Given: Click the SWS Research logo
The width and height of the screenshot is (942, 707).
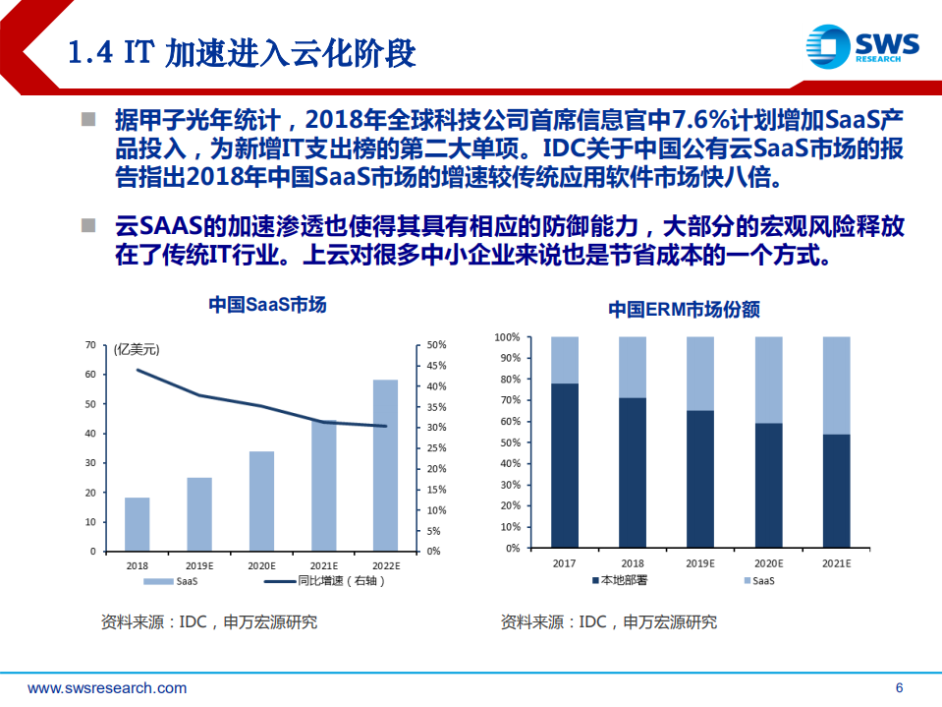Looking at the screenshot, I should click(x=861, y=46).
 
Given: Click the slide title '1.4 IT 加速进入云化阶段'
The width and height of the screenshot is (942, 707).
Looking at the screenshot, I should click(x=242, y=52).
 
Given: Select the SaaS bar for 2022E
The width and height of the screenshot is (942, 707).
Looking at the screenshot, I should click(x=386, y=465).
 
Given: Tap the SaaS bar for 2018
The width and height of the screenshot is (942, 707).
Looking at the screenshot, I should click(x=138, y=524).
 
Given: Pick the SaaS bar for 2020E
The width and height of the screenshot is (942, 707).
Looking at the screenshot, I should click(x=261, y=501).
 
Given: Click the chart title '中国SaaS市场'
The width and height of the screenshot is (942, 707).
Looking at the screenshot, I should click(x=266, y=305).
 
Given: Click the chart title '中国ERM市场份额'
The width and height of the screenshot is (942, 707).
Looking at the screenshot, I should click(x=684, y=310).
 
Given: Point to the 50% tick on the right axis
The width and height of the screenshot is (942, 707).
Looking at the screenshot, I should click(x=437, y=345).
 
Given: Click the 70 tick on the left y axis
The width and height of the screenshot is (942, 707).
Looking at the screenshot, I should click(x=89, y=345).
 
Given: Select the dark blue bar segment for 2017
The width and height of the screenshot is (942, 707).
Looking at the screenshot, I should click(x=565, y=465).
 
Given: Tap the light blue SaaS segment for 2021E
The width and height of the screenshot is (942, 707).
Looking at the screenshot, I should click(x=836, y=385).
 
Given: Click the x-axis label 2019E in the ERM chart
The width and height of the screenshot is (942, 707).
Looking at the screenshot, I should click(x=700, y=563).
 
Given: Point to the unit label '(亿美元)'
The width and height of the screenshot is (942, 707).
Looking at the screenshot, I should click(x=136, y=349).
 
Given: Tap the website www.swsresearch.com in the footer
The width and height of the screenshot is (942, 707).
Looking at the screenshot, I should click(x=107, y=688).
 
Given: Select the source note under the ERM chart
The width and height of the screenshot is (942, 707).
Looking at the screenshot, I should click(x=608, y=622).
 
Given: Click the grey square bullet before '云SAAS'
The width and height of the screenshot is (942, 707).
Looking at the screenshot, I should click(x=88, y=226).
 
